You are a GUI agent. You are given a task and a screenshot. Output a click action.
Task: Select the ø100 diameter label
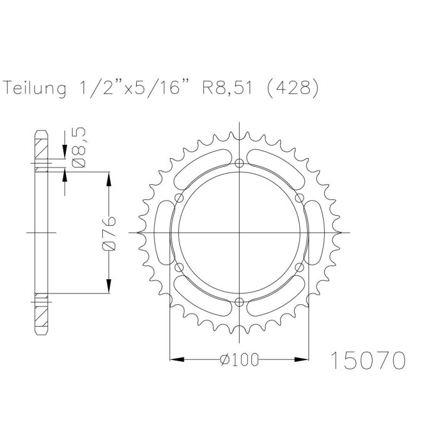pyautogui.click(x=240, y=360)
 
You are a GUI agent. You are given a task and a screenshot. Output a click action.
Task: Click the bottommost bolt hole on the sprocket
pyautogui.click(x=240, y=303)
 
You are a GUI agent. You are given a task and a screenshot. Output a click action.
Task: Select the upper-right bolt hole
pyautogui.click(x=300, y=199)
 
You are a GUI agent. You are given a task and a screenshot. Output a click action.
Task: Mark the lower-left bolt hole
pyautogui.click(x=179, y=268)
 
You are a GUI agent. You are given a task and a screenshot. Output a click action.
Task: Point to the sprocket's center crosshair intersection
pyautogui.click(x=240, y=233)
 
